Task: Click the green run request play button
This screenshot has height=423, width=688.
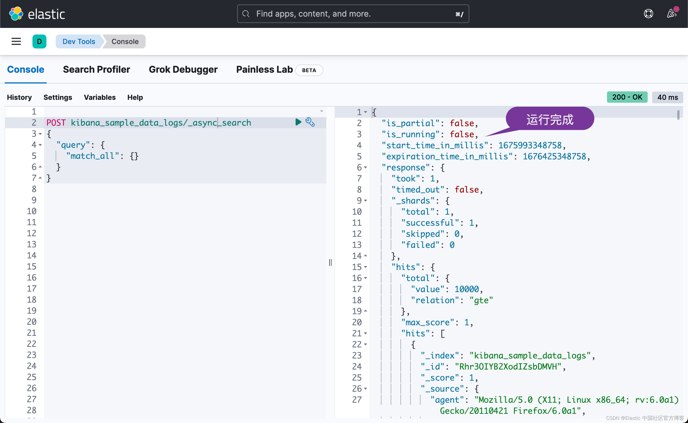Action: coord(298,122)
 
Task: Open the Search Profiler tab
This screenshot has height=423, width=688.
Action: coord(96,69)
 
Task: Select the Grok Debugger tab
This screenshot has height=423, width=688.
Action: coord(183,69)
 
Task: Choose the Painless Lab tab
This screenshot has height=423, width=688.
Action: coord(264,69)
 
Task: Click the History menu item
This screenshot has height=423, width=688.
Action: coord(19,97)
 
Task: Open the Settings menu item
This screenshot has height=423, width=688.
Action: coord(58,97)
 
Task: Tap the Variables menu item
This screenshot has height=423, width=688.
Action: coord(99,97)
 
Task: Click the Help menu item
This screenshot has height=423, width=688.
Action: coord(135,97)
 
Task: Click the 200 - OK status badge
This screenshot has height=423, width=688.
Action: coord(627,97)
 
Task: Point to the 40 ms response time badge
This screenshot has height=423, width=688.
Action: coord(667,97)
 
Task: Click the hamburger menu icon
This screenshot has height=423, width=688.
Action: coord(16,41)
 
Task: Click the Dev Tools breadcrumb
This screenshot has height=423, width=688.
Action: coord(79,41)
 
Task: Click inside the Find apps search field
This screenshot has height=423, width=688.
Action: coord(353,14)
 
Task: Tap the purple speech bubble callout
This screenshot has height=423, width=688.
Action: coord(550,119)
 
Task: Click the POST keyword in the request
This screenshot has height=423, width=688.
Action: coord(56,123)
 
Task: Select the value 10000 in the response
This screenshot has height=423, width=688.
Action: coord(467,289)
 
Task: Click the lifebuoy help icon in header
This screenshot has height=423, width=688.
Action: coord(648,14)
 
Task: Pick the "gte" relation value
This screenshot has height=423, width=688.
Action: coord(481,301)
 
